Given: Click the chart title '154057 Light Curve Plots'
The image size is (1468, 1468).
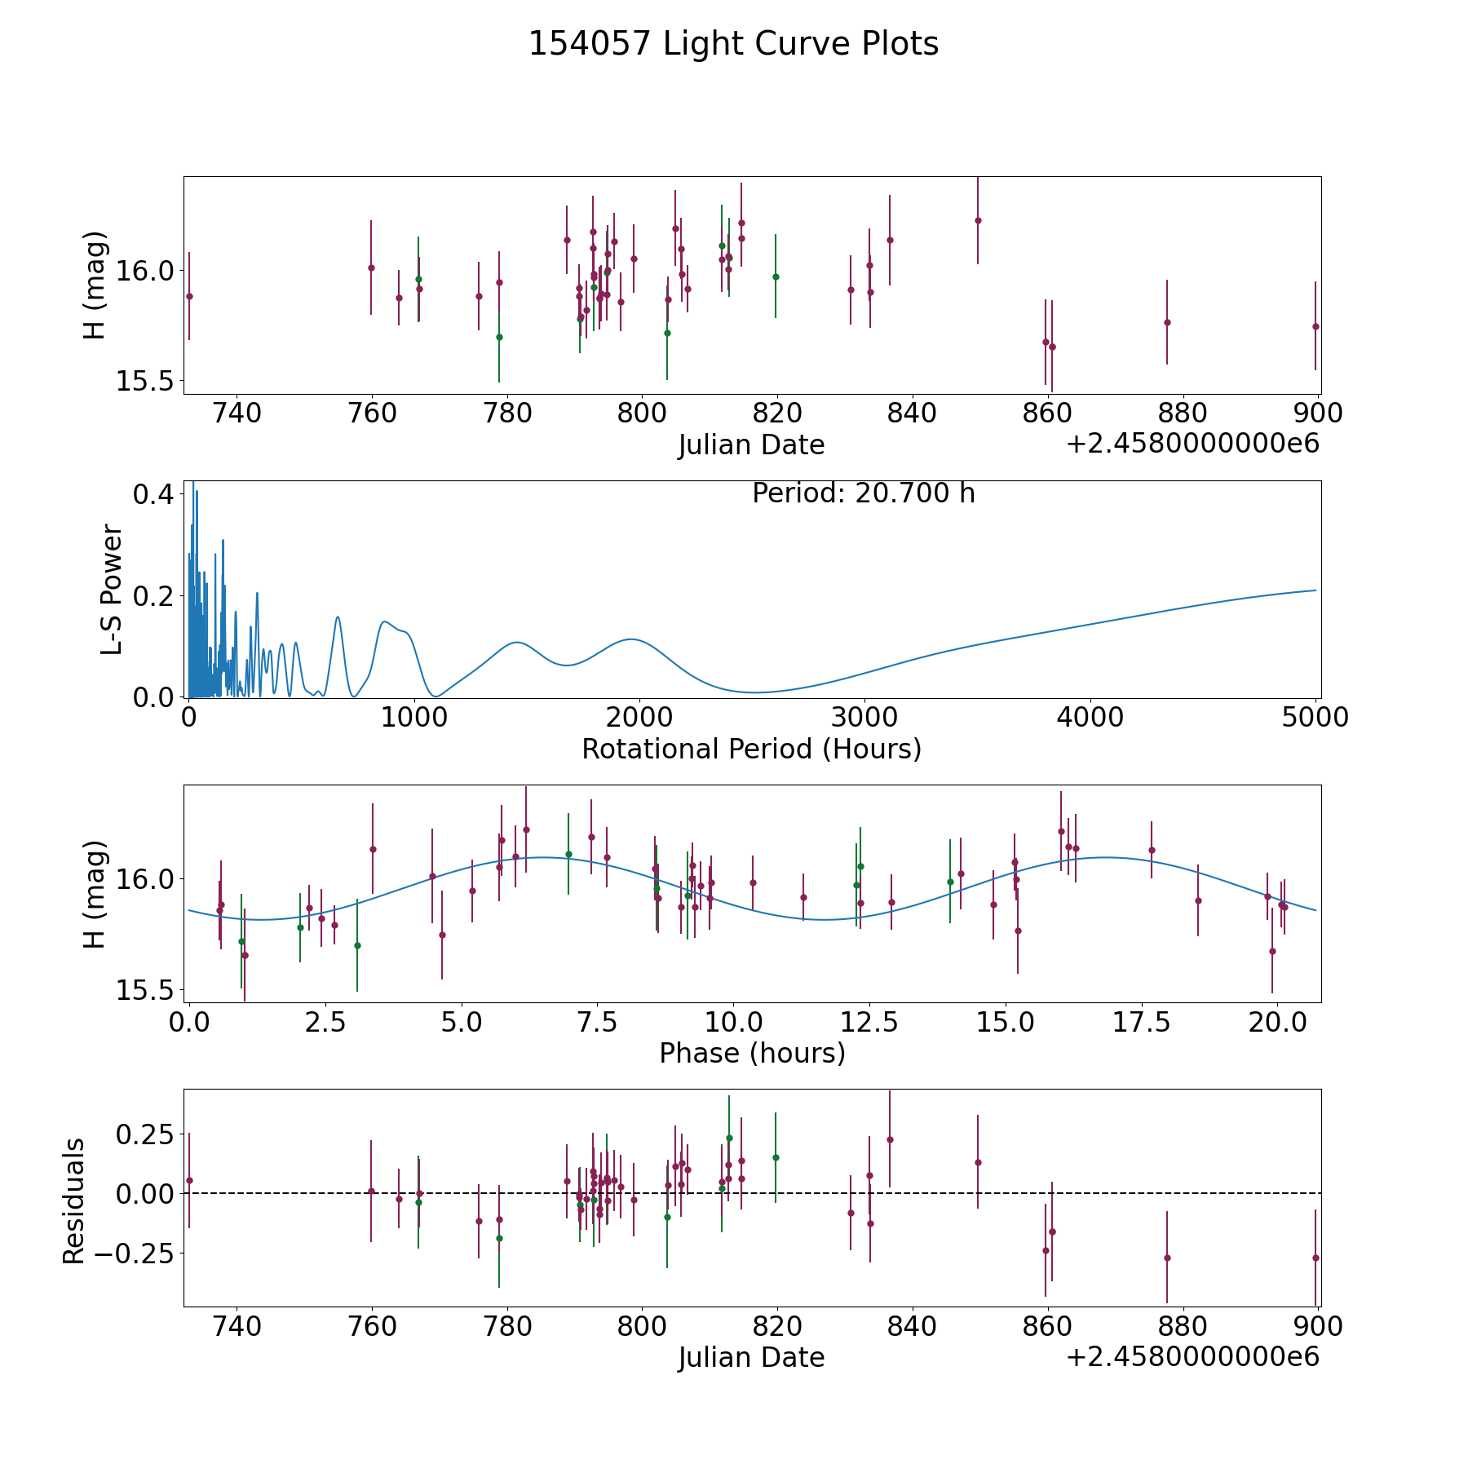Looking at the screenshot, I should coord(733,44).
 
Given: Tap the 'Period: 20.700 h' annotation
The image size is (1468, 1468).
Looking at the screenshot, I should coord(863,493).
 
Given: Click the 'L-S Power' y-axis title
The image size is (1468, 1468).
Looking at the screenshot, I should coord(113,590).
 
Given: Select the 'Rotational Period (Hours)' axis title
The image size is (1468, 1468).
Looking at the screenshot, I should coord(751,749).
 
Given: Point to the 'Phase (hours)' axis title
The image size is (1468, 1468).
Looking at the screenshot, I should coord(752,1053).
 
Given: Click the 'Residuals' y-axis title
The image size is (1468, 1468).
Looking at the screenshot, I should coord(74,1201).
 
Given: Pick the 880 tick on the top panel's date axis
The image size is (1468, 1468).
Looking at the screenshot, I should coord(1183,413).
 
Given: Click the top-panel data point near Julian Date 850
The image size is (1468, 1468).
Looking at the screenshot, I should coord(978,220).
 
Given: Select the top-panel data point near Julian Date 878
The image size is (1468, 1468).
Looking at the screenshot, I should coord(1167,322).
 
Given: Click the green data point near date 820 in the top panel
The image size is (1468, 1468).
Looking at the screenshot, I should coord(776,276).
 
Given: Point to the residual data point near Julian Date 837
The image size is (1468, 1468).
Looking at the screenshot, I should coord(890,1139).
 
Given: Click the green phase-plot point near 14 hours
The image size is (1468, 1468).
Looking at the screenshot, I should coord(950,882).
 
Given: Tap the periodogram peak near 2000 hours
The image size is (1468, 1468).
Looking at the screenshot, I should coord(631,639).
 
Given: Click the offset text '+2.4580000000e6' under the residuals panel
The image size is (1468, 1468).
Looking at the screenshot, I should coord(1192,1357).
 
